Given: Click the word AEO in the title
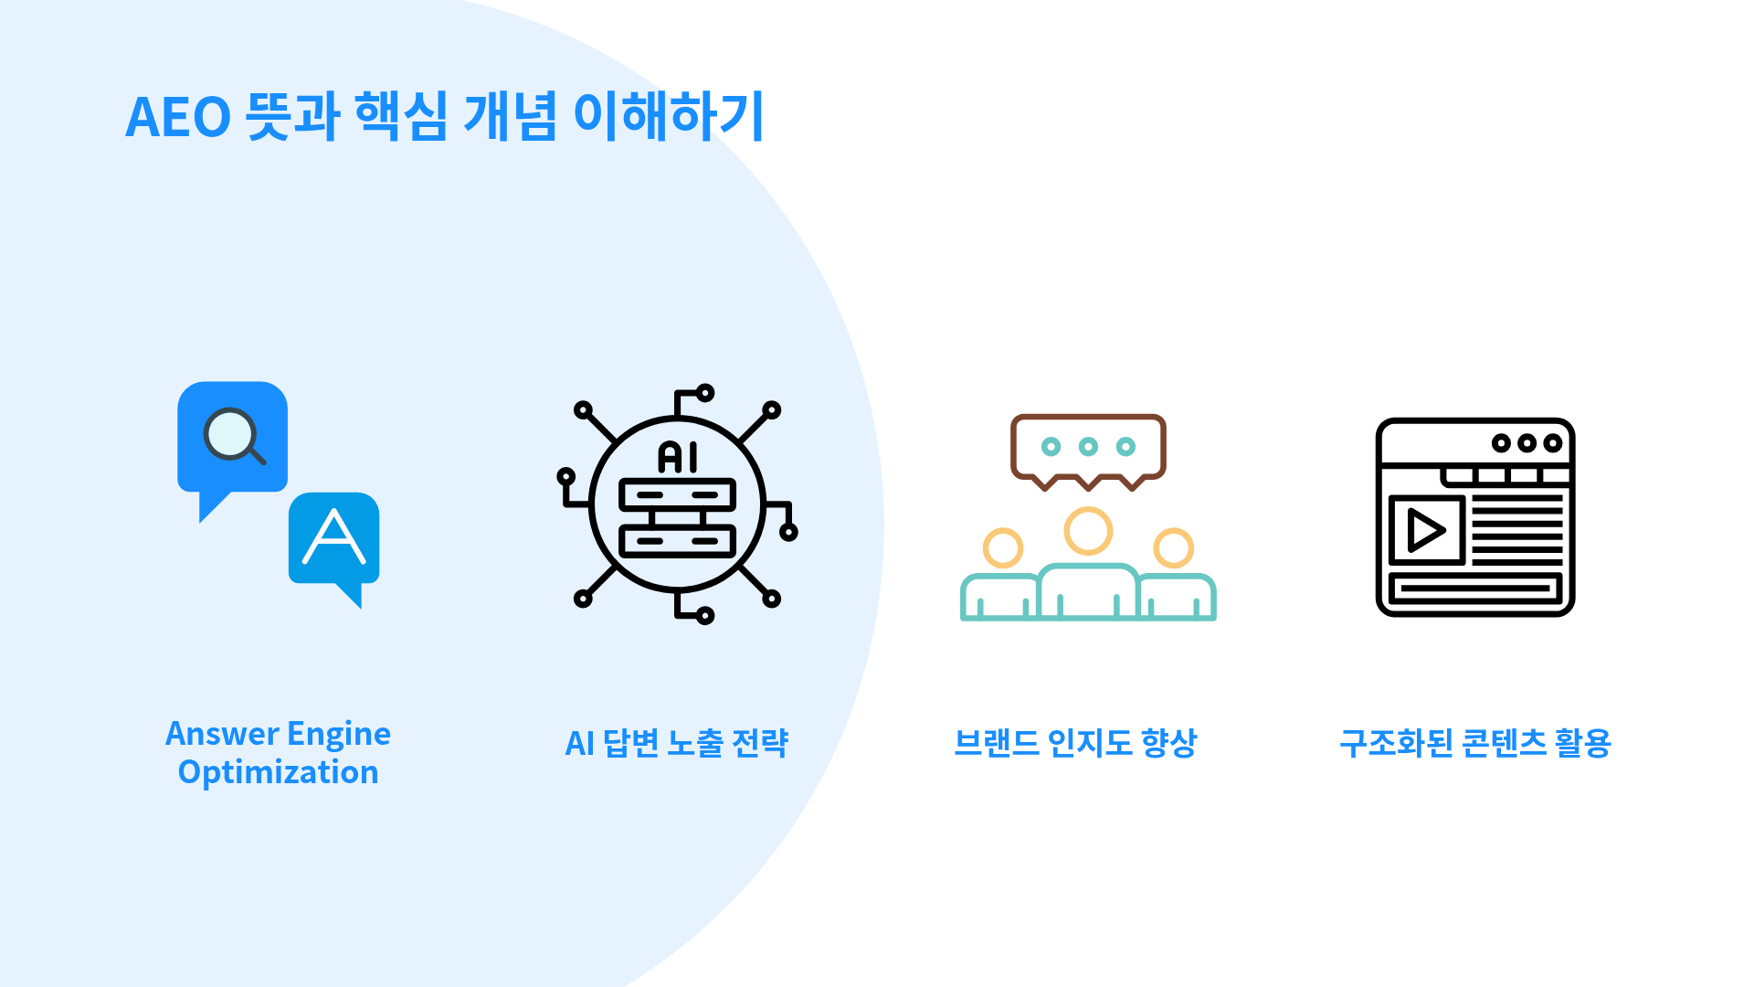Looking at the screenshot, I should point(177,118).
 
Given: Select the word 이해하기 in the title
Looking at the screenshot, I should point(668,116).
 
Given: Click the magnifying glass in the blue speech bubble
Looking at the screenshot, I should point(233,436).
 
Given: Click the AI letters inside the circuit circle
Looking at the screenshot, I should point(678,456).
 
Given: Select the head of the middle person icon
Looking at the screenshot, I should point(1088,531).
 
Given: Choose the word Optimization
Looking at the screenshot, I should point(278,772).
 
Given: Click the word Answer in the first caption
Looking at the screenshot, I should point(222,734).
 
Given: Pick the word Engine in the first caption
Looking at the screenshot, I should point(339,734).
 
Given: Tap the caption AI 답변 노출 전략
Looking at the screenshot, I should point(676,743).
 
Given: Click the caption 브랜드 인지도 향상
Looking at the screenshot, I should point(1075,743).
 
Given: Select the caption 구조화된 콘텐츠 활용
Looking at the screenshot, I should point(1474,743).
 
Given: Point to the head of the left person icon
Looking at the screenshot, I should point(1002,548).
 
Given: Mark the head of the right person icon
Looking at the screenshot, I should point(1173,548).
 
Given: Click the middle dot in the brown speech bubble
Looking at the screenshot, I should point(1088,447).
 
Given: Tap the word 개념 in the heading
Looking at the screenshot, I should point(510,116).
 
